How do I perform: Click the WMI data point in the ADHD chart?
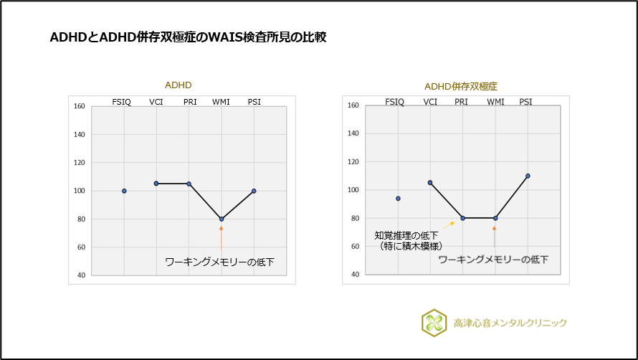pyautogui.click(x=222, y=219)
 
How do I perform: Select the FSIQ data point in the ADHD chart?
pyautogui.click(x=124, y=191)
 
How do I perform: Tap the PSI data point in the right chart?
pyautogui.click(x=527, y=176)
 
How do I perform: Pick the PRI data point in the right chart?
pyautogui.click(x=462, y=218)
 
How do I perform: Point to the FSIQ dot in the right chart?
pyautogui.click(x=398, y=199)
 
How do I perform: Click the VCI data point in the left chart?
pyautogui.click(x=156, y=183)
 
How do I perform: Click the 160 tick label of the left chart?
pyautogui.click(x=79, y=107)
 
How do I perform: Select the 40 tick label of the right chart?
pyautogui.click(x=353, y=274)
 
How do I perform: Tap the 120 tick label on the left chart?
pyautogui.click(x=79, y=163)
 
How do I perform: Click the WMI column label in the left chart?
pyautogui.click(x=221, y=102)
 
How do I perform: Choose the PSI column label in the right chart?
pyautogui.click(x=526, y=101)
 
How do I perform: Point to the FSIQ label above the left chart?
pyautogui.click(x=122, y=102)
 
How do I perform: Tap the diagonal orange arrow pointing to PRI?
pyautogui.click(x=447, y=224)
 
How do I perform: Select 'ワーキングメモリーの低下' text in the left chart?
pyautogui.click(x=219, y=262)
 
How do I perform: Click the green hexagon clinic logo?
pyautogui.click(x=433, y=323)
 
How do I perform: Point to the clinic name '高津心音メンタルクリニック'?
pyautogui.click(x=510, y=323)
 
